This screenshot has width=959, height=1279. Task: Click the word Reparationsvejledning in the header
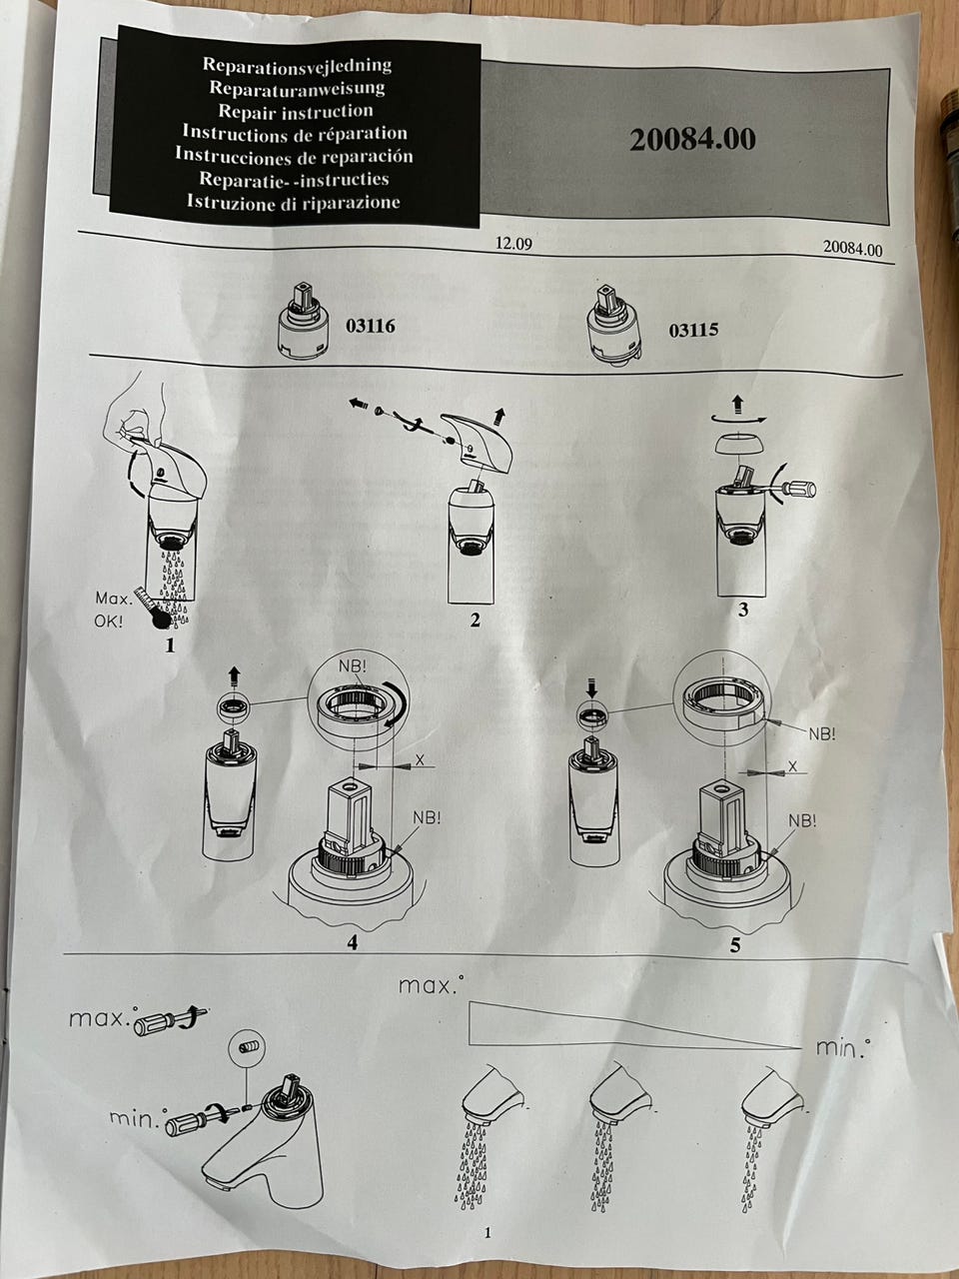(x=297, y=65)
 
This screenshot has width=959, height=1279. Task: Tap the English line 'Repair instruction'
(x=296, y=111)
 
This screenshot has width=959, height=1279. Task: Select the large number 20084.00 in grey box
(x=692, y=139)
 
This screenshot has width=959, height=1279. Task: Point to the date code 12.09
(x=513, y=243)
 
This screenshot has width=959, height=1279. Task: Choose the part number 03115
(x=693, y=331)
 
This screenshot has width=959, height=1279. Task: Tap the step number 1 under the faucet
(x=170, y=645)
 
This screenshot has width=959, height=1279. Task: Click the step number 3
(x=743, y=611)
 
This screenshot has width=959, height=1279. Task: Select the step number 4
(x=353, y=942)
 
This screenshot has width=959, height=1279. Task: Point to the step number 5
(x=735, y=945)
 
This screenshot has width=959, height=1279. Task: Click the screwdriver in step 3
(x=792, y=488)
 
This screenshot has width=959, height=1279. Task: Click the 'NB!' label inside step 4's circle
(x=352, y=665)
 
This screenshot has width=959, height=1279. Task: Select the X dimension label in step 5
(x=792, y=767)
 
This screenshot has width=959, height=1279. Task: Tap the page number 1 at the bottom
(x=487, y=1232)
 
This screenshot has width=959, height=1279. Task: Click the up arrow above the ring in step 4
(x=234, y=675)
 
